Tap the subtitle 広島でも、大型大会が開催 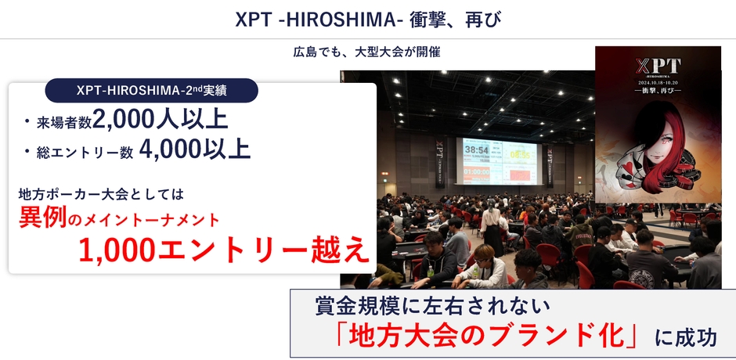(367, 53)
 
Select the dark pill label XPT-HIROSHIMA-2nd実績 (152, 90)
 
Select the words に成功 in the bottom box (686, 337)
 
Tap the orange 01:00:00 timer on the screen (476, 171)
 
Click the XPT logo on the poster (657, 67)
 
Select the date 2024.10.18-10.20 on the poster (657, 81)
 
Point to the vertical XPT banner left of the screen (441, 160)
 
